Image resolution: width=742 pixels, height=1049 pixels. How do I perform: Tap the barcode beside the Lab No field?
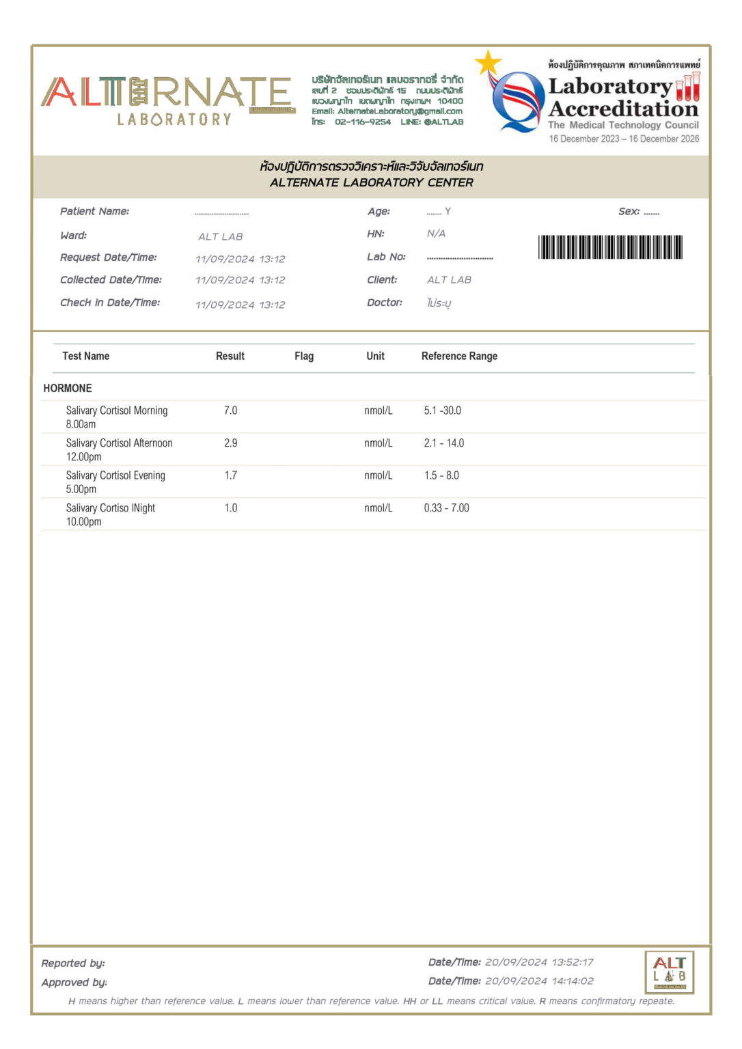[x=610, y=247]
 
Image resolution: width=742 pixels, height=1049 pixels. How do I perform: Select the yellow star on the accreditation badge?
[x=488, y=63]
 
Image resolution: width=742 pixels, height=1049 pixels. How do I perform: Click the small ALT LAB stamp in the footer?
[x=669, y=972]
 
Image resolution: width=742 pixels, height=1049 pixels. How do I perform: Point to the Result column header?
[x=230, y=356]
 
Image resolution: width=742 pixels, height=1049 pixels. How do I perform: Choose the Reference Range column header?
[x=459, y=356]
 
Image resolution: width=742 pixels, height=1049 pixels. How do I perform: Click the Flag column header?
[x=304, y=356]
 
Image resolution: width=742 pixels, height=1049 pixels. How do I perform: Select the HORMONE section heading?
[x=68, y=388]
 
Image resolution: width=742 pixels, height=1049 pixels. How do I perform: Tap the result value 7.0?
[x=231, y=410]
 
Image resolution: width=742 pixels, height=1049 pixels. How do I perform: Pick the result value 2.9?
[x=231, y=443]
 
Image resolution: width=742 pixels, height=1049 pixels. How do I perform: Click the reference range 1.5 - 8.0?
[x=441, y=475]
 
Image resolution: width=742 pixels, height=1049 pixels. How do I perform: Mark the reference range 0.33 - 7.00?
[x=446, y=508]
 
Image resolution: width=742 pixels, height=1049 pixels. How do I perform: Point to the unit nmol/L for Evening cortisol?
[x=379, y=475]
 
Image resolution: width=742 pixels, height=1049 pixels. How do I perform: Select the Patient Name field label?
[x=94, y=212]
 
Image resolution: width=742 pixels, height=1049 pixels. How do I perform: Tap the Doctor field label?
[x=385, y=303]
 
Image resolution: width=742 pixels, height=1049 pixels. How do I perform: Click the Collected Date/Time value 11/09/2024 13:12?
[x=240, y=280]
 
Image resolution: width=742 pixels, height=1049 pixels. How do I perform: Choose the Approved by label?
[x=74, y=982]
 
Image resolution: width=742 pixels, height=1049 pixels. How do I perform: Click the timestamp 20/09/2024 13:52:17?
[x=539, y=962]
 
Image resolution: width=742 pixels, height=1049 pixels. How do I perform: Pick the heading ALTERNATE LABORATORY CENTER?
[x=371, y=182]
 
